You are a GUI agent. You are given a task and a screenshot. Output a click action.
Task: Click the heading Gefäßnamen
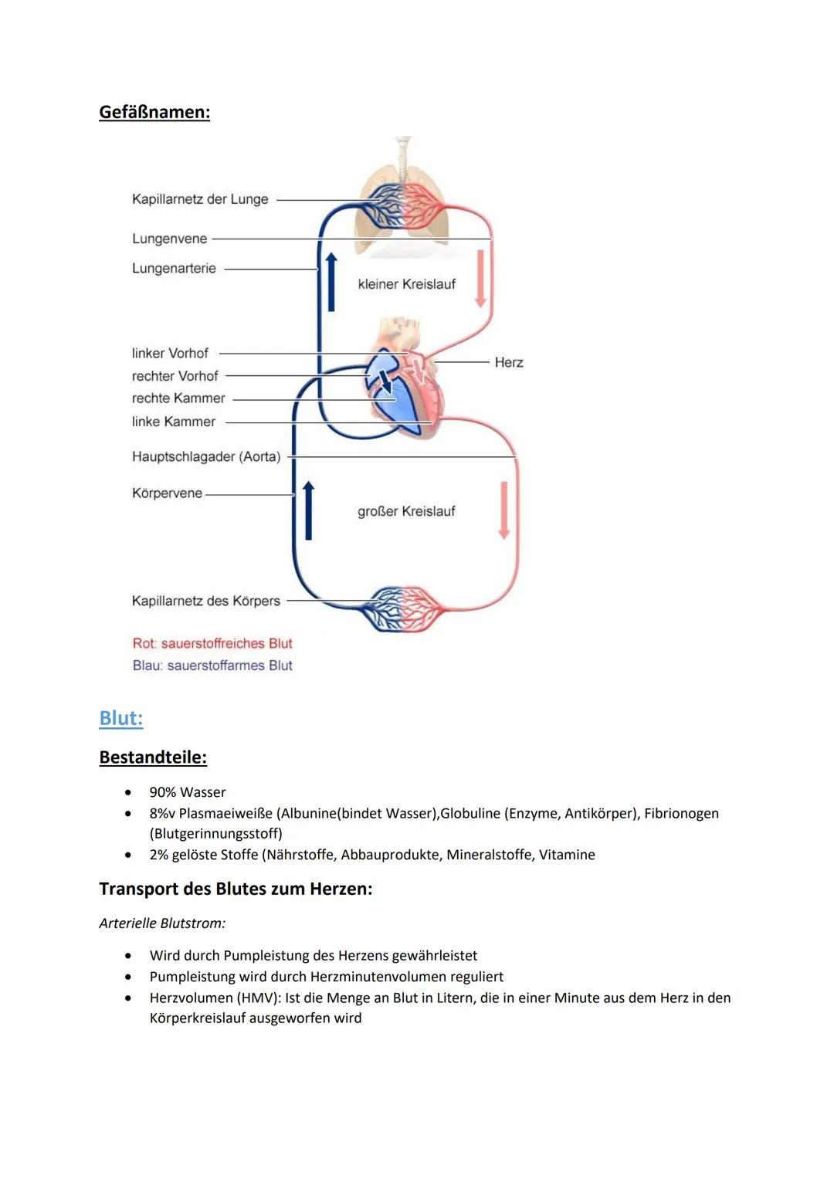pos(154,112)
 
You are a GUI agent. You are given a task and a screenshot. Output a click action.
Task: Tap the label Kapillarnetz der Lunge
pos(200,199)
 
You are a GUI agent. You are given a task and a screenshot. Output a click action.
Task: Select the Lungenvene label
pos(169,239)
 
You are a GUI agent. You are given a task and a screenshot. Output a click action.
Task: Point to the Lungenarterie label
pos(174,269)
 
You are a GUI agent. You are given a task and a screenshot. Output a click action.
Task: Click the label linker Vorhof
pos(170,353)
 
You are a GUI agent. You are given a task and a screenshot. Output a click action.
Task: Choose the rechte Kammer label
pos(178,398)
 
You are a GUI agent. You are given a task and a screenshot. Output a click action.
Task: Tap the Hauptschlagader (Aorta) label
pos(206,456)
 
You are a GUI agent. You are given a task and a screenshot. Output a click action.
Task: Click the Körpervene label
pos(167,493)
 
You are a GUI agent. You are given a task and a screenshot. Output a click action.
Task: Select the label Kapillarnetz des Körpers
pos(205,601)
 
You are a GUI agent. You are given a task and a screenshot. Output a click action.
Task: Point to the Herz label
pos(509,362)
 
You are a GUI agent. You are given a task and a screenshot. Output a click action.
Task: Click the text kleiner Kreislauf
pos(406,284)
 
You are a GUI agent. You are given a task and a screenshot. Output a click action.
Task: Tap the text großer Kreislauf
pos(406,511)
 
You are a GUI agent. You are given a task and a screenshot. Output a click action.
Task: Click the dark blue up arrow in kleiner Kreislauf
pos(331,282)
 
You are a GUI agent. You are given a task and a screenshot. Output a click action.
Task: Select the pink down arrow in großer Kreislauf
pos(504,510)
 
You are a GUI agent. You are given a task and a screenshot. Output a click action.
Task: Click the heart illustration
pos(405,378)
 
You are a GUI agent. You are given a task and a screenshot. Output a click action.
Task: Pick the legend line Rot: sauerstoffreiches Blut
pos(212,643)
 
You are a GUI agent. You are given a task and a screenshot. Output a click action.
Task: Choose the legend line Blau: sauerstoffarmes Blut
pos(212,666)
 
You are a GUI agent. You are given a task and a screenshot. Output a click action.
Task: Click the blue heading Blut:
pos(121,718)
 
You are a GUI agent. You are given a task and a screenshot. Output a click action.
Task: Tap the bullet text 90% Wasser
pos(188,792)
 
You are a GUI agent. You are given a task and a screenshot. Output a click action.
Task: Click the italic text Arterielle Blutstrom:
pos(162,923)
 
